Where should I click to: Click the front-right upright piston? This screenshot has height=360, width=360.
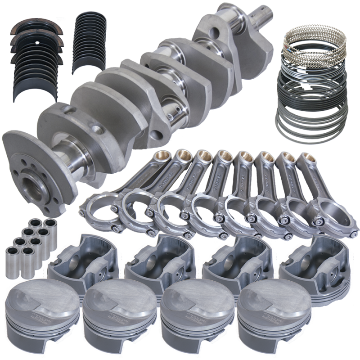coord(265,317)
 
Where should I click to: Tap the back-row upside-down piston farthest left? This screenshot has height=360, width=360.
coord(76,263)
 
